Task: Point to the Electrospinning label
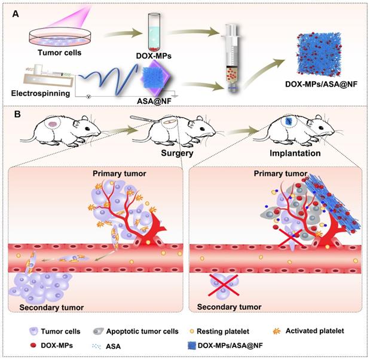tap(39, 93)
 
